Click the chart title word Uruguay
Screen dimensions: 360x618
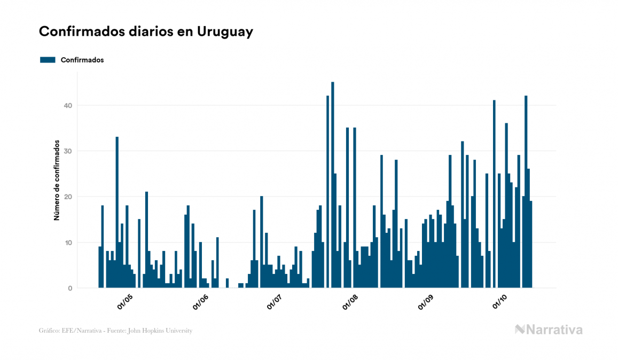pyautogui.click(x=225, y=32)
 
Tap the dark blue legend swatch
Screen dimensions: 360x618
pyautogui.click(x=48, y=60)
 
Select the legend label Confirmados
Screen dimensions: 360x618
pyautogui.click(x=82, y=60)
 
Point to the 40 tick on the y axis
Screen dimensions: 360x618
pyautogui.click(x=67, y=105)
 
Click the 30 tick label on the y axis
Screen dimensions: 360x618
pyautogui.click(x=67, y=151)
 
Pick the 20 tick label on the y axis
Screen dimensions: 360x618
pyautogui.click(x=67, y=197)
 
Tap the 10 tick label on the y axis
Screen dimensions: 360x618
pyautogui.click(x=67, y=242)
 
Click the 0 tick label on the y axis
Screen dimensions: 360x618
pyautogui.click(x=69, y=288)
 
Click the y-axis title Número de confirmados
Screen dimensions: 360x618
pyautogui.click(x=56, y=181)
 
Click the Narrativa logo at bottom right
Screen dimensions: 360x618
pyautogui.click(x=549, y=330)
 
